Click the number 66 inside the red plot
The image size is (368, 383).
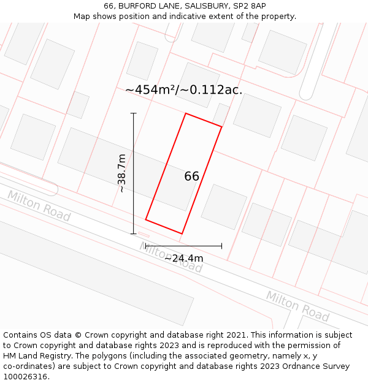pos(191,176)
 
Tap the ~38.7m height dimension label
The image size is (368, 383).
pos(121,173)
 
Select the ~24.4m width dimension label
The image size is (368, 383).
pos(183,258)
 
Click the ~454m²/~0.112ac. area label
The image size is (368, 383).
pos(183,89)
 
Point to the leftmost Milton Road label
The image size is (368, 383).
pos(39,206)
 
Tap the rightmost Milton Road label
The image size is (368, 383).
pos(297,306)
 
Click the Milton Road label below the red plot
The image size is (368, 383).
pos(171,257)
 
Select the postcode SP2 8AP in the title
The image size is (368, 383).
pos(249,6)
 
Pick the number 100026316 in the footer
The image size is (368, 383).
pos(26,377)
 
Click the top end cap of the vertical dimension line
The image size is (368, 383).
pos(134,113)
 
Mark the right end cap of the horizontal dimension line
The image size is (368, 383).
pos(221,246)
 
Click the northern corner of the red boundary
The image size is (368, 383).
pos(186,113)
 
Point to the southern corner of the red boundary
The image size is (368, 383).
pos(182,233)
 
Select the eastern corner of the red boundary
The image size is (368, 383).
pos(221,127)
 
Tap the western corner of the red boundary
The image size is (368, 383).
pos(145,219)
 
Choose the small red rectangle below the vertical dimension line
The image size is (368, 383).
pos(144,235)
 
